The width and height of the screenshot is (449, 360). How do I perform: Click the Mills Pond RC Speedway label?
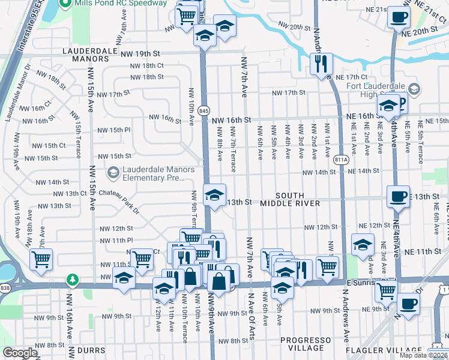(x=120, y=4)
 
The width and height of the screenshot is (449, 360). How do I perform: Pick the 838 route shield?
(x=5, y=289)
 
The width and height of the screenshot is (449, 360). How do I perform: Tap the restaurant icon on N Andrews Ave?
(x=321, y=63)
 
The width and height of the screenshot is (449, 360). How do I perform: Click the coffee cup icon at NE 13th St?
(x=397, y=196)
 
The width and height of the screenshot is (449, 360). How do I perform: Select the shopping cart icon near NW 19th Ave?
(x=41, y=260)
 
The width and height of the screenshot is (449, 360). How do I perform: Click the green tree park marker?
(x=73, y=280)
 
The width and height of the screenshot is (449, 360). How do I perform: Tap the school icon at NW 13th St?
(x=214, y=194)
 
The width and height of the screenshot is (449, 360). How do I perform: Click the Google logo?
(x=20, y=353)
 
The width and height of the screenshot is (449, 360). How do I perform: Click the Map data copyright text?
(x=423, y=355)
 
